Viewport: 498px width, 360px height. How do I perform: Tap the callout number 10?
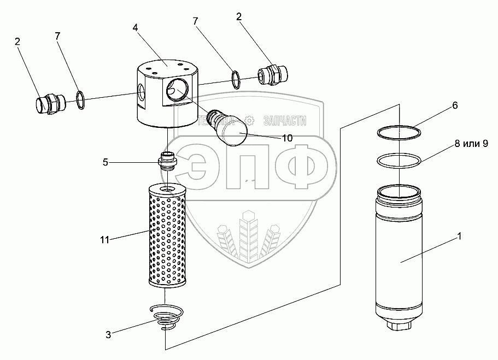[x=286, y=138]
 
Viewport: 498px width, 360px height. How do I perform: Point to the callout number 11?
[x=104, y=239]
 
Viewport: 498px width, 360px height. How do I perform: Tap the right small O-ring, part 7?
[x=235, y=79]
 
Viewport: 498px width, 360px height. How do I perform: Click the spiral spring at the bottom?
[x=167, y=317]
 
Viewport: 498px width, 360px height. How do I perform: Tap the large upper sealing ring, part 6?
[x=399, y=133]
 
